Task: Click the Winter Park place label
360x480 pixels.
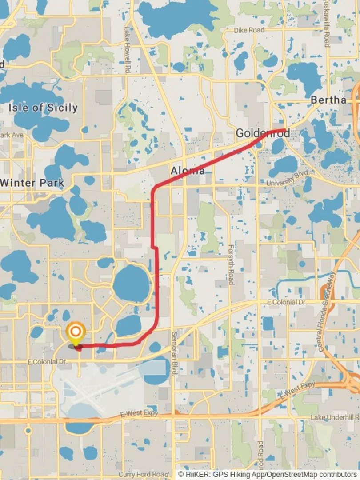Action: click(32, 182)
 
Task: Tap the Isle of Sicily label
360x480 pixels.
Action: click(43, 108)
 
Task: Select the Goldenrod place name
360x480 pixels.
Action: click(263, 133)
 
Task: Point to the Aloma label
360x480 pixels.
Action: click(188, 171)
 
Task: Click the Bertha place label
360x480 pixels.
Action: click(328, 100)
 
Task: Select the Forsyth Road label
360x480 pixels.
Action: click(231, 264)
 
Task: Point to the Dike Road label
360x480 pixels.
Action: click(249, 30)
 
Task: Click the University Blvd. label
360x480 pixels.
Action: click(286, 180)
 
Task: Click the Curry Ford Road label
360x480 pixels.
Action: click(143, 475)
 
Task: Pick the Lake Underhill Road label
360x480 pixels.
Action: click(335, 417)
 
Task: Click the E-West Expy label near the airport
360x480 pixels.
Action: click(139, 414)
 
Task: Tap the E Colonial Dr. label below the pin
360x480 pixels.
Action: click(48, 362)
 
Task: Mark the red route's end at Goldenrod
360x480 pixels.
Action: click(285, 130)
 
